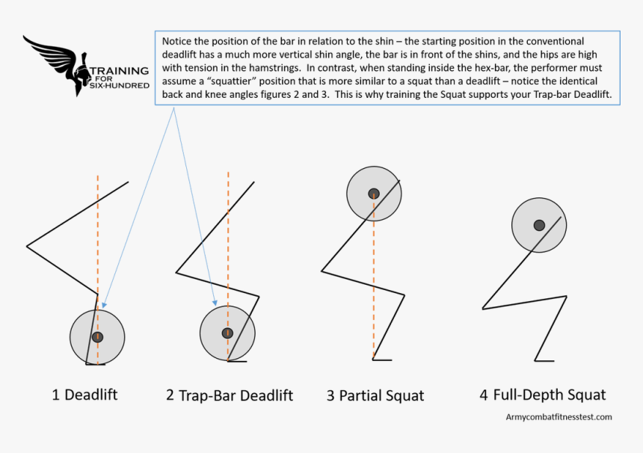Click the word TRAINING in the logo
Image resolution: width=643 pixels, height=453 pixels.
[120, 71]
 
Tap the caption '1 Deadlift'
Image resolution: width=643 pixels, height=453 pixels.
[84, 395]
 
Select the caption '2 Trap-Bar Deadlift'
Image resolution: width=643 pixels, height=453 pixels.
[230, 395]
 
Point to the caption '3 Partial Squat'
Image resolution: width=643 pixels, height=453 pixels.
[375, 395]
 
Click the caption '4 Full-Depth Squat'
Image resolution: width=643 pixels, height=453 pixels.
[543, 395]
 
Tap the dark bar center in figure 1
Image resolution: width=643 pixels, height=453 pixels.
[97, 337]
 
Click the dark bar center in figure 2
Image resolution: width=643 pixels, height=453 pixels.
[227, 333]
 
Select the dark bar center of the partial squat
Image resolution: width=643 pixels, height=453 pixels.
[374, 194]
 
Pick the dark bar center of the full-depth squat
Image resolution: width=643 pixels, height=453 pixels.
[539, 225]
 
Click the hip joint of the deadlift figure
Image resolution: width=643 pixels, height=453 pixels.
[27, 245]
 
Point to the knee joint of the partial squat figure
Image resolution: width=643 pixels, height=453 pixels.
[404, 295]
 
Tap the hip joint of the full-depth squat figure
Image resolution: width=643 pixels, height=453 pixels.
[483, 307]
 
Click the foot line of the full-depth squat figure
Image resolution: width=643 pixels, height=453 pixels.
[544, 360]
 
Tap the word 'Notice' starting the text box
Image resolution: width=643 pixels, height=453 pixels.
[176, 40]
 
